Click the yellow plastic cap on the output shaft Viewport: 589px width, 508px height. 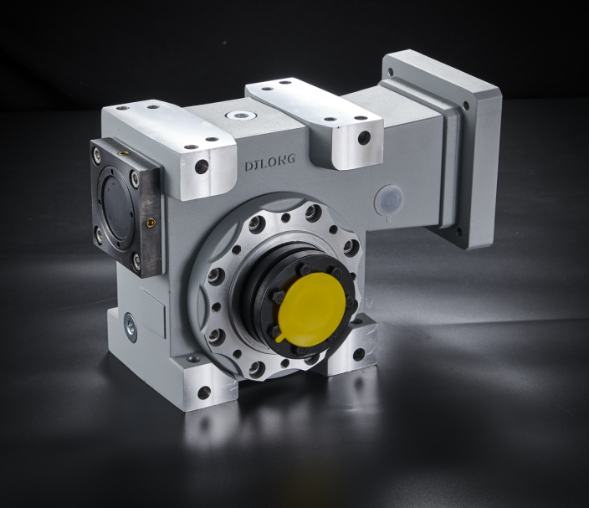(x=311, y=310)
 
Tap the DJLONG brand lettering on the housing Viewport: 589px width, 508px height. (x=270, y=162)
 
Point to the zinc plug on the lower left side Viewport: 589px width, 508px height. (x=131, y=327)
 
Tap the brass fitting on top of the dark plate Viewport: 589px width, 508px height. (x=122, y=152)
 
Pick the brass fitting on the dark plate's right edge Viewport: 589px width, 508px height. (x=151, y=224)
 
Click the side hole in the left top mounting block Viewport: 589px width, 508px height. (x=202, y=166)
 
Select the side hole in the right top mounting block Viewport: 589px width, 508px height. (x=364, y=136)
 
